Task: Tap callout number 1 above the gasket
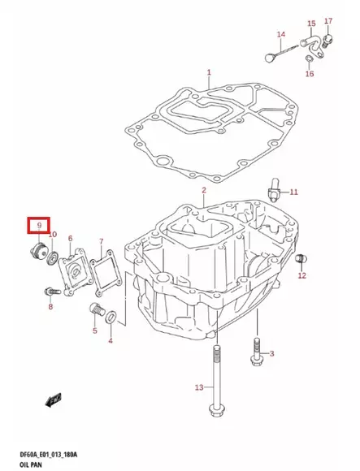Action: coord(208,72)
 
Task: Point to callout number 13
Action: coord(199,388)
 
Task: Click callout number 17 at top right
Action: coord(328,19)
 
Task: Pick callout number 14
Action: coord(281,34)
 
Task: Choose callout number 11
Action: coord(294,192)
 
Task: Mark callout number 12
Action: coord(302,276)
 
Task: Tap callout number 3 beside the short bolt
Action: coord(272,353)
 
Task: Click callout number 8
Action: coord(50,307)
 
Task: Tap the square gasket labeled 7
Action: coord(104,272)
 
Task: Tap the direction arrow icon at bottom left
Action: coord(54,400)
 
